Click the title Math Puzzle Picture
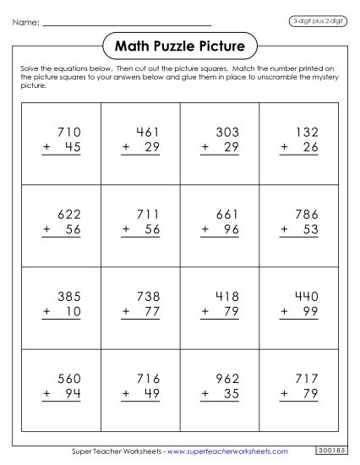pyautogui.click(x=179, y=43)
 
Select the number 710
pyautogui.click(x=67, y=133)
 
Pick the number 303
pyautogui.click(x=227, y=133)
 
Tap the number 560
pyautogui.click(x=67, y=379)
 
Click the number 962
pyautogui.click(x=227, y=379)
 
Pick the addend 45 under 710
pyautogui.click(x=72, y=147)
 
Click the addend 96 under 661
pyautogui.click(x=232, y=228)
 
